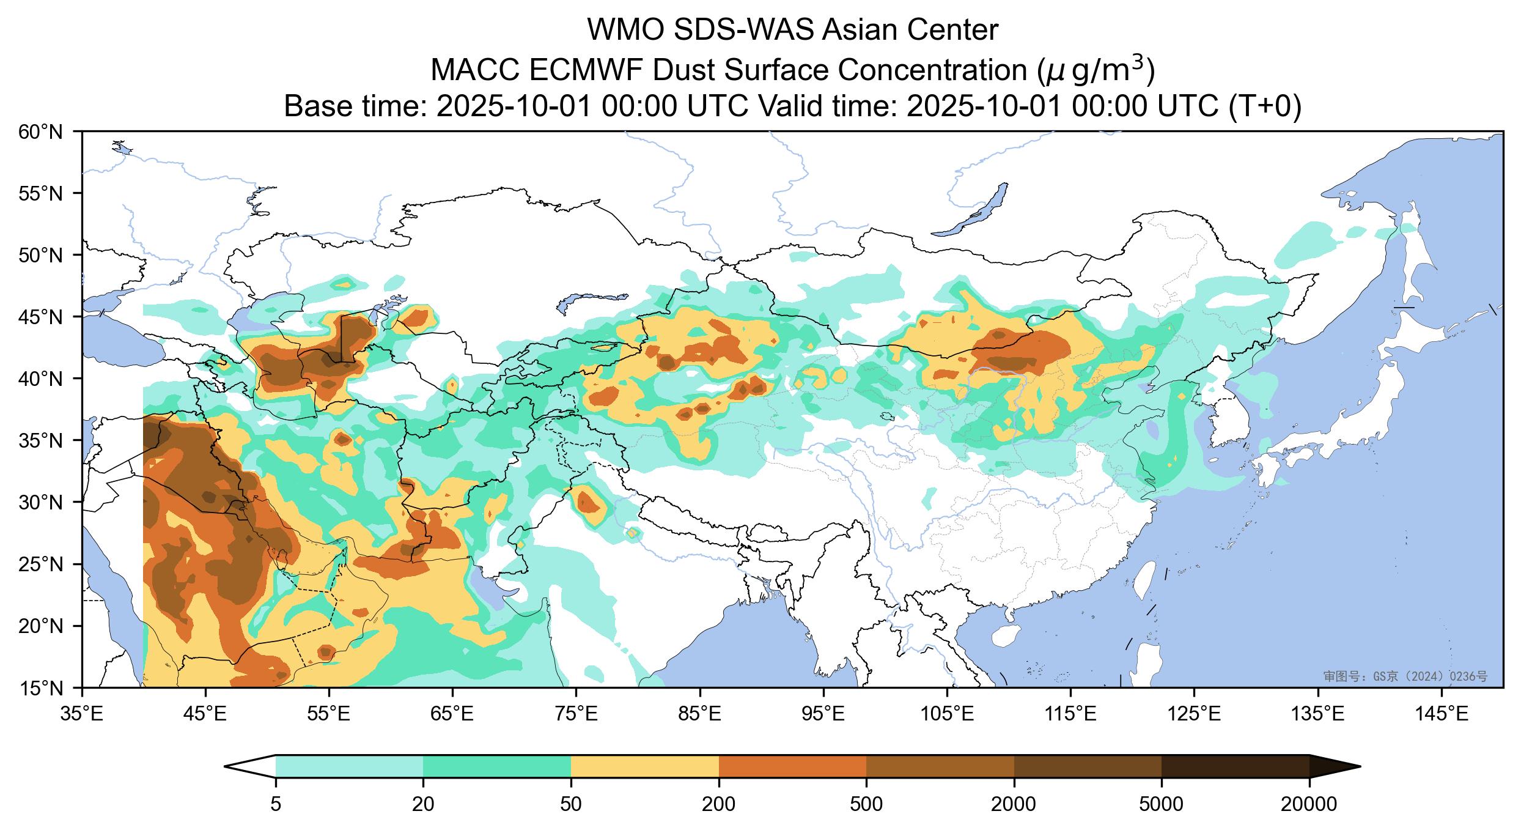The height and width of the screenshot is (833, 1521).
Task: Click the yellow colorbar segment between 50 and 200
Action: click(644, 766)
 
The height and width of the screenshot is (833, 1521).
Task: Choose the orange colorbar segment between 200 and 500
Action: click(792, 766)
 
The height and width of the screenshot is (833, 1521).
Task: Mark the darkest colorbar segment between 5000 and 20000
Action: click(1235, 766)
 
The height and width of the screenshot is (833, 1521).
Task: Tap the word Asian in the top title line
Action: click(863, 31)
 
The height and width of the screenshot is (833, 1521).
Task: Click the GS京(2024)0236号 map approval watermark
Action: click(1405, 676)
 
